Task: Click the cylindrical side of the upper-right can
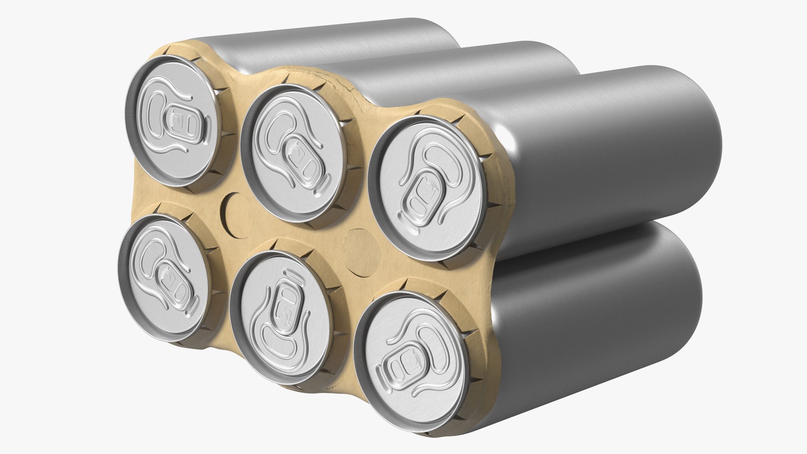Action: coord(609,160)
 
